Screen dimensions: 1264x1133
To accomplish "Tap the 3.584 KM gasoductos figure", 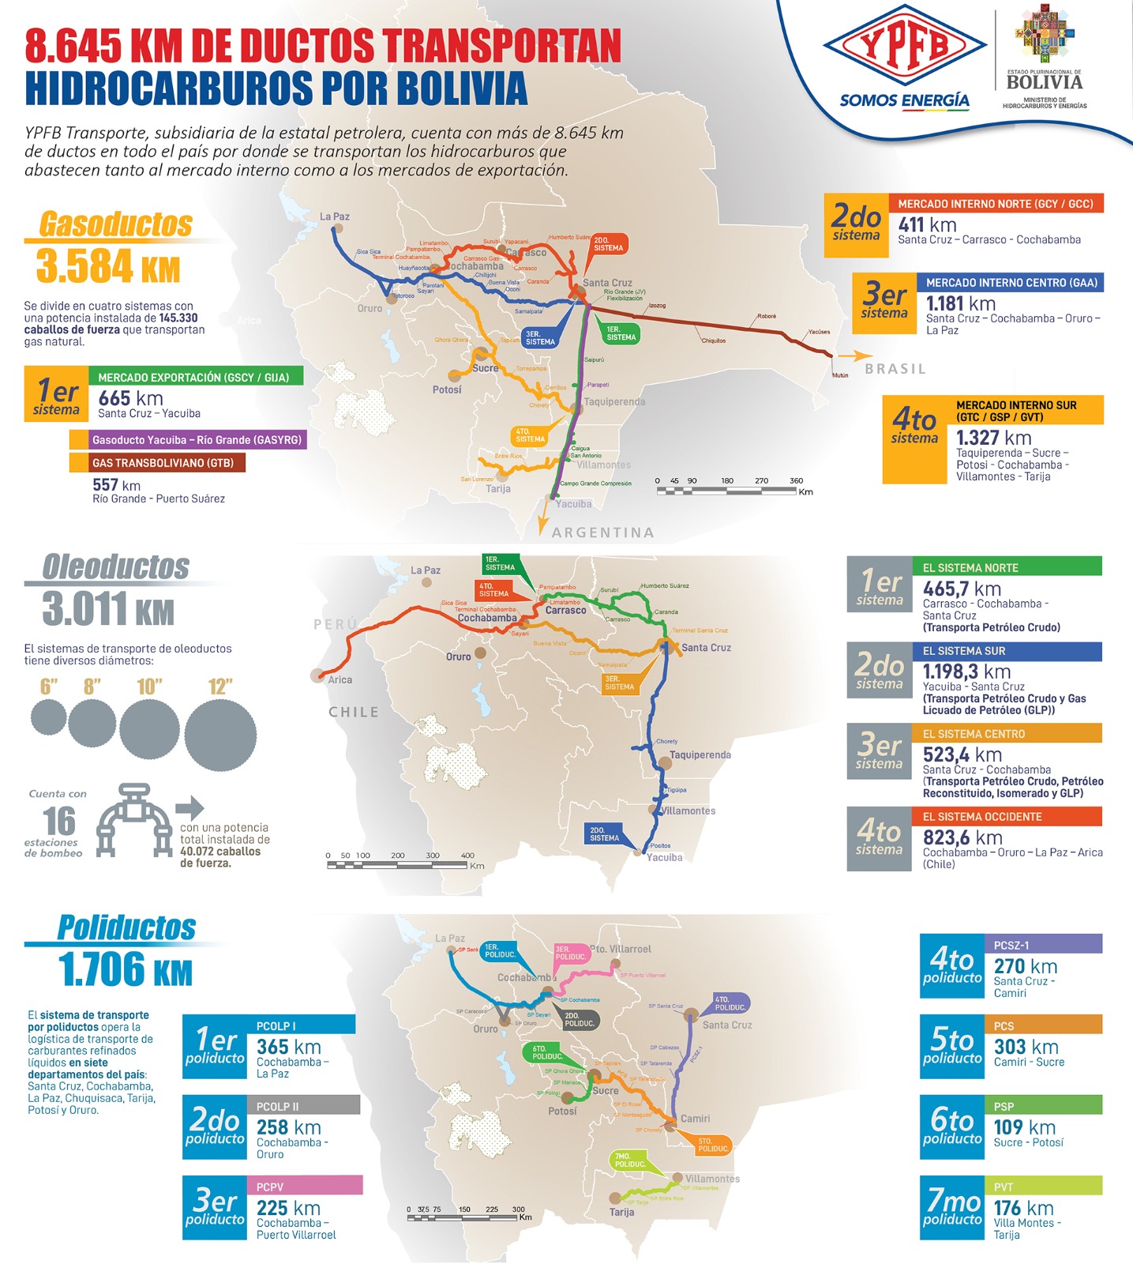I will [x=108, y=265].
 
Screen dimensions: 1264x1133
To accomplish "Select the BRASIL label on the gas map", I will [x=895, y=369].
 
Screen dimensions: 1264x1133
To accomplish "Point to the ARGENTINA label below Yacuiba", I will [x=603, y=532].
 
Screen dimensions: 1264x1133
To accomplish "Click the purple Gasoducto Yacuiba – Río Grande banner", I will [x=187, y=440].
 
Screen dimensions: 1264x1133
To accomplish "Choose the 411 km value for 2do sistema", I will [x=927, y=225].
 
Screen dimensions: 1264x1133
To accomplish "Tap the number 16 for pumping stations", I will [x=60, y=821].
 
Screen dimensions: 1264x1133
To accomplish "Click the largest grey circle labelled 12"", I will [x=220, y=734].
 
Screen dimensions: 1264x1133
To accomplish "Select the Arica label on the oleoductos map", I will [x=340, y=679].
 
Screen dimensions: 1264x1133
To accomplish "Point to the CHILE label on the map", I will [x=354, y=712].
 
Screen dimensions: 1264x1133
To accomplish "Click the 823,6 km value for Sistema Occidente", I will [x=962, y=837].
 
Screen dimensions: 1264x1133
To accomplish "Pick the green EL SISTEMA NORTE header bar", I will [x=1007, y=567].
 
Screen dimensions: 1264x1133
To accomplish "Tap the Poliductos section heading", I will [x=126, y=927].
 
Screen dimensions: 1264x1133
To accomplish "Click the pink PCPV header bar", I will [x=306, y=1186].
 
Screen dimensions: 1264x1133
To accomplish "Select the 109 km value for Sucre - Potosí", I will [x=1019, y=1127].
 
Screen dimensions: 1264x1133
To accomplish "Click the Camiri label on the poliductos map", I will [x=696, y=1119].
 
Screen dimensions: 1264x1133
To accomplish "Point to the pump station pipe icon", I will [x=133, y=820].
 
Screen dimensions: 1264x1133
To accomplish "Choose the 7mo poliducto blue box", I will [x=952, y=1208].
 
